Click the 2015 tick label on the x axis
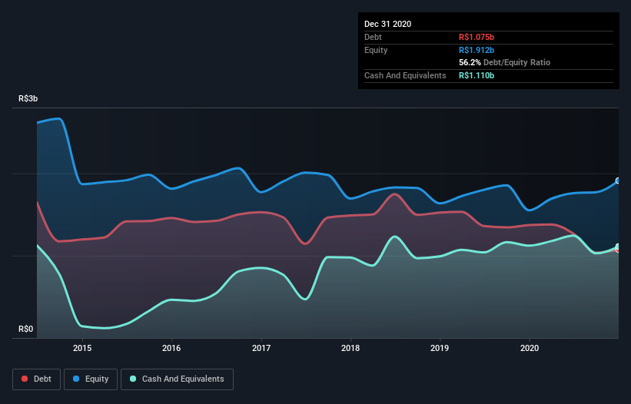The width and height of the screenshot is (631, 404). [x=82, y=347]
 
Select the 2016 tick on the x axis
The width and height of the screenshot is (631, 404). [x=171, y=347]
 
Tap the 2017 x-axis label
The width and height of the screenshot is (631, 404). [x=261, y=347]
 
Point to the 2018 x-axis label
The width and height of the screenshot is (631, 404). [x=350, y=347]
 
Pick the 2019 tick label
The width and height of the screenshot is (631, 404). [x=440, y=347]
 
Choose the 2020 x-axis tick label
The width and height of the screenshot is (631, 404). [x=530, y=347]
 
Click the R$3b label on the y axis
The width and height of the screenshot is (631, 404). [x=28, y=99]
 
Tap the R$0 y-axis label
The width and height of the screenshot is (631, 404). [x=26, y=329]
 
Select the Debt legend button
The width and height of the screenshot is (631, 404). [x=36, y=379]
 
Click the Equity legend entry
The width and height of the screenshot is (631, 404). [x=92, y=379]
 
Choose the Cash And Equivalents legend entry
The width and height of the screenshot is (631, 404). [x=178, y=379]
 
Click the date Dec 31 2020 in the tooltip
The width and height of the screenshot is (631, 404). [x=387, y=24]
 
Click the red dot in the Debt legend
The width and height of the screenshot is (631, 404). [x=26, y=379]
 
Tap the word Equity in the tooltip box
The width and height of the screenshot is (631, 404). [x=377, y=50]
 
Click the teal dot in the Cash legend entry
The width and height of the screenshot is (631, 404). [x=134, y=379]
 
